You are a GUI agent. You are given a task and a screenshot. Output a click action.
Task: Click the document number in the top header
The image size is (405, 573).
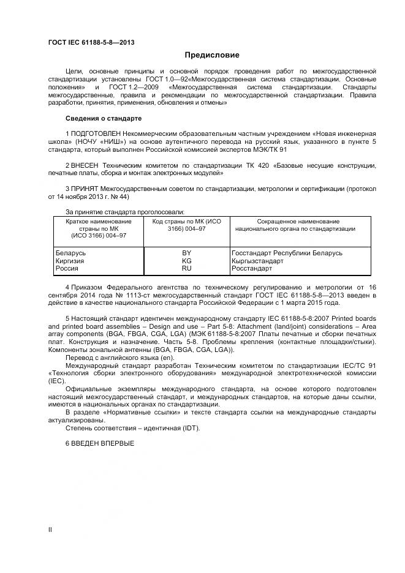coord(91,42)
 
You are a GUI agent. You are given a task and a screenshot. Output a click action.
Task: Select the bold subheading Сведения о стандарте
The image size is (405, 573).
coord(103,118)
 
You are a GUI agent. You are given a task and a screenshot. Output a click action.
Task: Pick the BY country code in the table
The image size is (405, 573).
coord(187,253)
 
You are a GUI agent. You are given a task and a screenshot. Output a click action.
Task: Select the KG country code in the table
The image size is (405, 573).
coord(187,261)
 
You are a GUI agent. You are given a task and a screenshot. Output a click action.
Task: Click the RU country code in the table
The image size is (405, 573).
coord(187,269)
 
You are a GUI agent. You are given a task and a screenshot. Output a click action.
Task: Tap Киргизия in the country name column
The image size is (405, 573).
coord(70,261)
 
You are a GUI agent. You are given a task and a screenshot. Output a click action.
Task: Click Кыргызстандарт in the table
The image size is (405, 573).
coord(257,261)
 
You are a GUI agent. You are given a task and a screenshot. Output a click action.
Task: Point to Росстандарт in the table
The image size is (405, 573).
coord(252,269)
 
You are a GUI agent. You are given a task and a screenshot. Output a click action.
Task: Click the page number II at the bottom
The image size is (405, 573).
coord(50,529)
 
